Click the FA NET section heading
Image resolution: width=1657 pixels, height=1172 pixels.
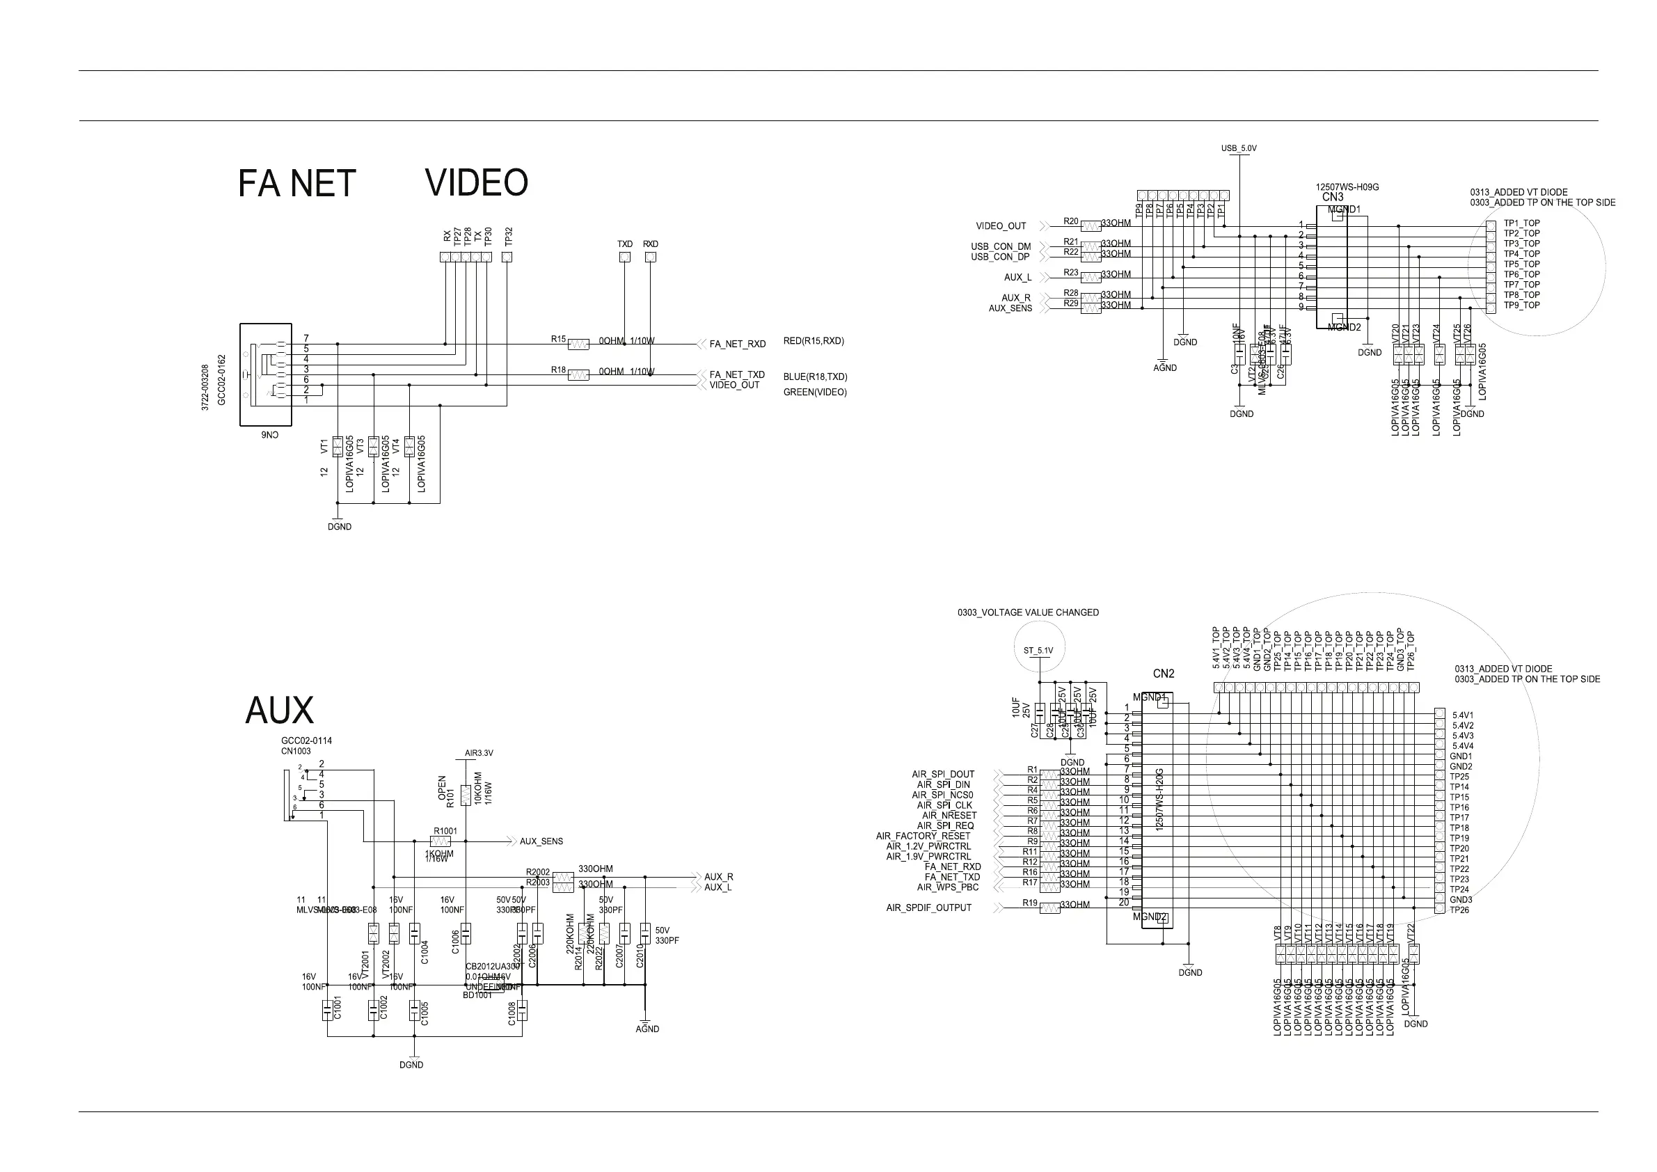coord(296,184)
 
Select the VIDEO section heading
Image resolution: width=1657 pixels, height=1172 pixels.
coord(476,182)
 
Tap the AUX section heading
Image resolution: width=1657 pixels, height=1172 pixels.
coord(279,711)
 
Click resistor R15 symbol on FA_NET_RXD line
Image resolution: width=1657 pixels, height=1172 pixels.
coord(578,345)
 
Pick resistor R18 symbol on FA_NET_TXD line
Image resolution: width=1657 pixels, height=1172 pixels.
coord(578,375)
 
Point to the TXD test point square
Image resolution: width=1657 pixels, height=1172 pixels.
coord(625,257)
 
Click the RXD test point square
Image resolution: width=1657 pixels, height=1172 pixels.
coord(650,257)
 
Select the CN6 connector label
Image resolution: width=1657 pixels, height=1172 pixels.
coord(269,435)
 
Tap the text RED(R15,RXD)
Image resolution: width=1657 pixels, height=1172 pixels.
coord(814,341)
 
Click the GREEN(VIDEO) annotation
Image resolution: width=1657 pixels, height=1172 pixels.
coord(815,393)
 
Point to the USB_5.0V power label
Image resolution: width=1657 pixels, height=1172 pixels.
coord(1239,149)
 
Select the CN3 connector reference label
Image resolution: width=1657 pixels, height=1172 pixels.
coord(1333,197)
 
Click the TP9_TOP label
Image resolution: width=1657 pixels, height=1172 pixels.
coord(1521,306)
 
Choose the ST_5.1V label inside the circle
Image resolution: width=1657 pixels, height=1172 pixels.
coord(1038,651)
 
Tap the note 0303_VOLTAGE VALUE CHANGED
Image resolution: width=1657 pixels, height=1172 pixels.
coord(1028,612)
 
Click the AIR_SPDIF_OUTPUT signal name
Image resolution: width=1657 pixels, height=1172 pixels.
coord(928,908)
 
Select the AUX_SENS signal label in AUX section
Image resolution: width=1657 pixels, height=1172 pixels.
coord(541,841)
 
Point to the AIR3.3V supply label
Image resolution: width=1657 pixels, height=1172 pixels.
coord(479,754)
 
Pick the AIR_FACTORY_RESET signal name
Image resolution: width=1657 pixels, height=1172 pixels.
coord(923,837)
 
